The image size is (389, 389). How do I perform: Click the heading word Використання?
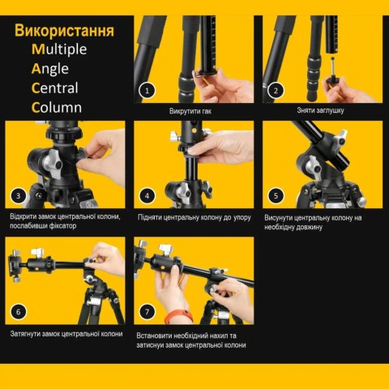64,32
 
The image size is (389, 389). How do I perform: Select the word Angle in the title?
50,69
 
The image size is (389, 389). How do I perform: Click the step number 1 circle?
147,91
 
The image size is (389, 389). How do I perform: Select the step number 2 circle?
276,91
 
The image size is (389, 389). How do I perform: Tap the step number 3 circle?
18,195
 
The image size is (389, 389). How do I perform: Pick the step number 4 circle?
147,195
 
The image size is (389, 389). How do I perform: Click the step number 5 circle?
276,195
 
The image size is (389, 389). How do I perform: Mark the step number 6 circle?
18,311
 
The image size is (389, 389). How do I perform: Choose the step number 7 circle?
147,311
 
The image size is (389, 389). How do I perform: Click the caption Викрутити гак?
194,111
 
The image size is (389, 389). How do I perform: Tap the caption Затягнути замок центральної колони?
66,334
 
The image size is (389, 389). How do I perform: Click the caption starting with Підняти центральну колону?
194,217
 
